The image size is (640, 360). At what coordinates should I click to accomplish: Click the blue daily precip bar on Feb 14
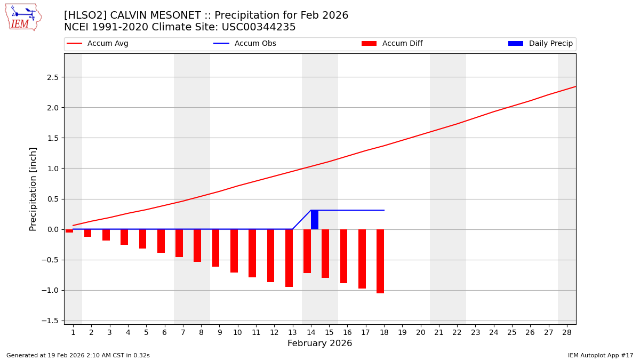tap(315, 220)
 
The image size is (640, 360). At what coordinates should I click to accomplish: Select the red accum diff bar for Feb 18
tap(380, 261)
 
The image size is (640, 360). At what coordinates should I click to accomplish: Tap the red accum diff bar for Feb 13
tap(289, 258)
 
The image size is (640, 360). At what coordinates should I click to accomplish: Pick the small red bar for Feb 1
tap(69, 231)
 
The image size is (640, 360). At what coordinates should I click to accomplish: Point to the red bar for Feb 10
tap(234, 251)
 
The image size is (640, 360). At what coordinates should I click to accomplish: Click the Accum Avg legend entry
tap(98, 44)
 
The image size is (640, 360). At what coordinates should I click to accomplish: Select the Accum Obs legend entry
tap(245, 44)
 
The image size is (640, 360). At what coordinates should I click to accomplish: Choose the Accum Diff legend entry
tap(393, 44)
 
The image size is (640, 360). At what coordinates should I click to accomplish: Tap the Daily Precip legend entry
tap(541, 44)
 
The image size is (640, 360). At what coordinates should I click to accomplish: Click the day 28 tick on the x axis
tap(567, 332)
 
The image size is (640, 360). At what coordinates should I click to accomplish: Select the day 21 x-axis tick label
tap(439, 332)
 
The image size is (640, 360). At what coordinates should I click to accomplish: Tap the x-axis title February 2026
tap(320, 343)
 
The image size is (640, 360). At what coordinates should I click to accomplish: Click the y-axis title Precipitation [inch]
tap(33, 189)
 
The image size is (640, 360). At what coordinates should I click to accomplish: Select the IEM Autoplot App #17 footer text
tap(601, 355)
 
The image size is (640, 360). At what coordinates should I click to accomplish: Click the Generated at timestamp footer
tap(78, 355)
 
